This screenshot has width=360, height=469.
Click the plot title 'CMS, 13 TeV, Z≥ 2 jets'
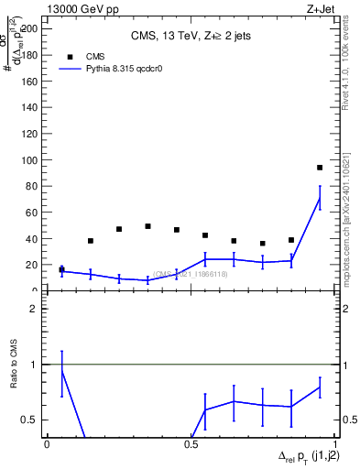pyautogui.click(x=191, y=36)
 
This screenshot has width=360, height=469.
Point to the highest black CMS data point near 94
pyautogui.click(x=320, y=168)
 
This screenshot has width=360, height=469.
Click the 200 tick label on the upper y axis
pyautogui.click(x=31, y=28)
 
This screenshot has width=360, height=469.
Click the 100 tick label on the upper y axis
pyautogui.click(x=31, y=160)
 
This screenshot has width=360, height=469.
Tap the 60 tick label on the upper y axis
pyautogui.click(x=34, y=213)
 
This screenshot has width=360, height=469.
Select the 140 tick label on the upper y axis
pyautogui.click(x=31, y=107)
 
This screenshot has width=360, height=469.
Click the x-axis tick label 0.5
pyautogui.click(x=191, y=444)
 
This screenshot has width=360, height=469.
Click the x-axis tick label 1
pyautogui.click(x=334, y=444)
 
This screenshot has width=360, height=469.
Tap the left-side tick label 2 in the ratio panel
pyautogui.click(x=38, y=309)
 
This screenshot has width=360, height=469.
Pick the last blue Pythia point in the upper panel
pyautogui.click(x=320, y=198)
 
